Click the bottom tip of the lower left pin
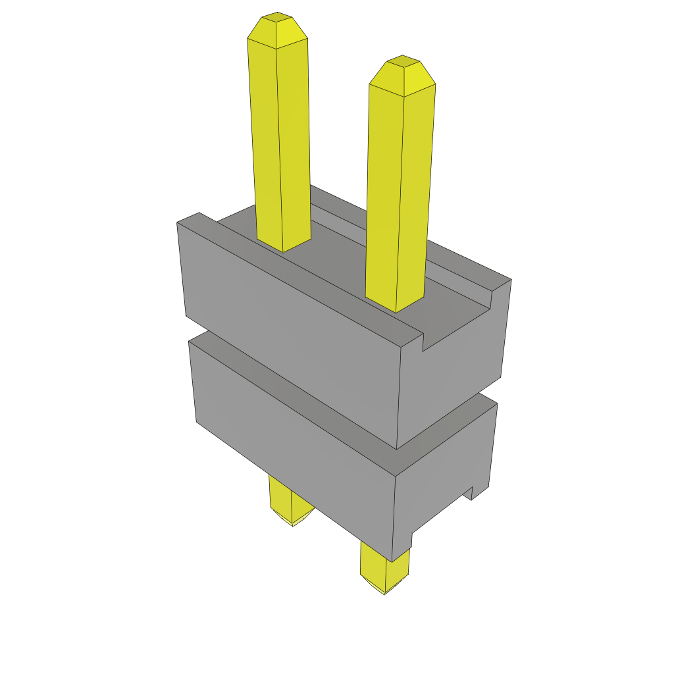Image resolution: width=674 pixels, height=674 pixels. pos(294,521)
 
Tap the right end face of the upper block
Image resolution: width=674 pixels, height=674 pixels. pos(454,375)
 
